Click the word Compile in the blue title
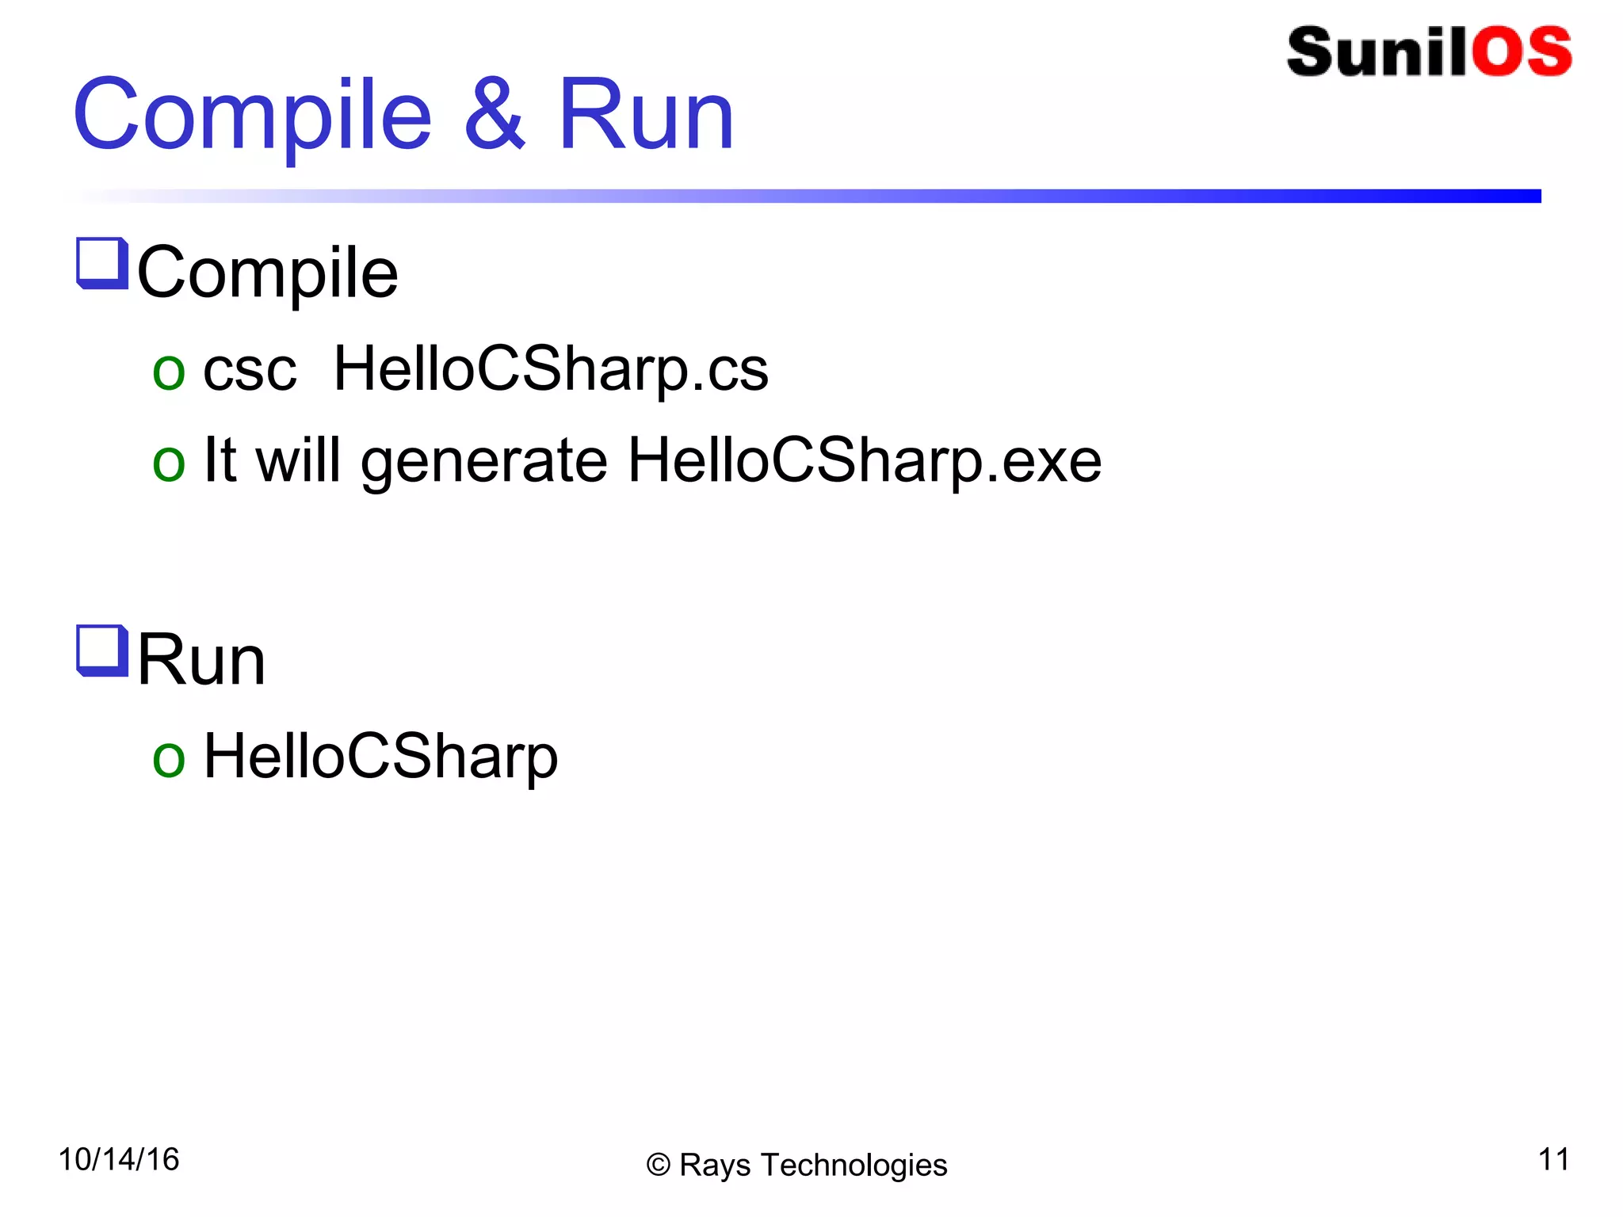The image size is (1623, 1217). tap(252, 116)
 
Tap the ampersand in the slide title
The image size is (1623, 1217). tap(495, 116)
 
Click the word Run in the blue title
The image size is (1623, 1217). tap(646, 116)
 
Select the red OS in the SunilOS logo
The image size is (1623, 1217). tap(1521, 52)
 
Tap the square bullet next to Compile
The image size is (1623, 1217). tap(102, 263)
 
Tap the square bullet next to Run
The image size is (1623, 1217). tap(102, 651)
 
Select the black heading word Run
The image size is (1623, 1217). tap(201, 660)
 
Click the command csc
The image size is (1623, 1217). tap(250, 370)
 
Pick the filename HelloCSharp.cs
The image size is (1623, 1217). tap(551, 370)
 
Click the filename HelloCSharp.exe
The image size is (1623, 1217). tap(865, 461)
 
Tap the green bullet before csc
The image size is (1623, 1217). tap(169, 373)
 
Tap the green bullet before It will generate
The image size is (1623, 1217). tap(169, 464)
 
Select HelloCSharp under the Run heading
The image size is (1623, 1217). tap(380, 757)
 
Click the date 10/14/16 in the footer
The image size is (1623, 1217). tap(119, 1160)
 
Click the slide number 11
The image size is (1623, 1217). tap(1553, 1160)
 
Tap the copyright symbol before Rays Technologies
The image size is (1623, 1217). tap(659, 1165)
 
